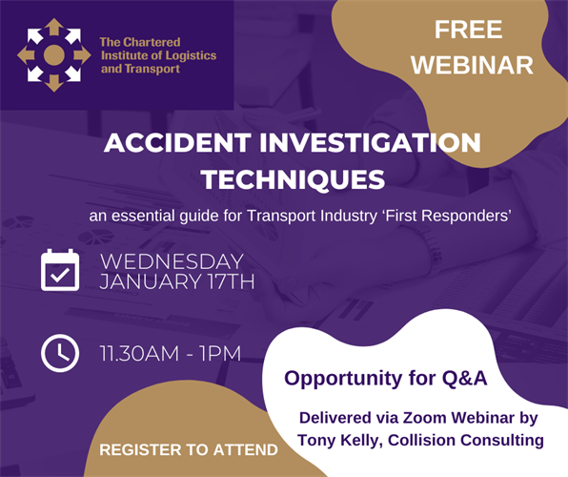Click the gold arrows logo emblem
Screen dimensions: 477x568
pos(54,55)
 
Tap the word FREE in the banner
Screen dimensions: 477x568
pos(468,29)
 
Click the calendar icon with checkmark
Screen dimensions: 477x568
pos(60,270)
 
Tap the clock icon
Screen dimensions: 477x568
pos(60,353)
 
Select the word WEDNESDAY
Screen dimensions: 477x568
pos(172,261)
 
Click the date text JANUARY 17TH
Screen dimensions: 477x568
pos(177,281)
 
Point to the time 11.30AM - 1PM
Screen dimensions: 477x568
pos(171,354)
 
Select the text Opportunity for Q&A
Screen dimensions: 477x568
pos(386,378)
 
